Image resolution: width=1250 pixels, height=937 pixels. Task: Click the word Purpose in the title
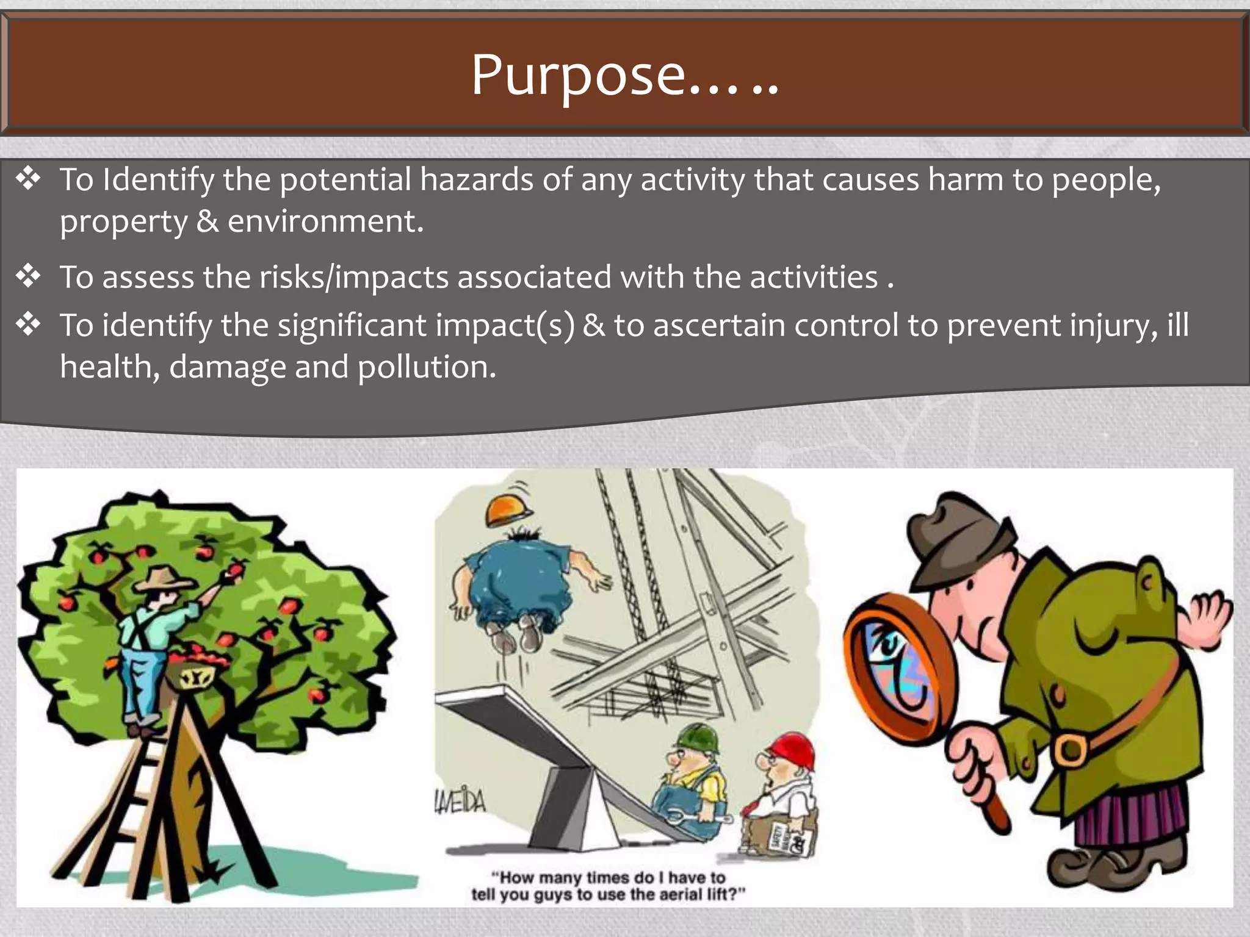point(579,76)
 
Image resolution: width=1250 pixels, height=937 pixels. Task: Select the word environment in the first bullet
point(325,221)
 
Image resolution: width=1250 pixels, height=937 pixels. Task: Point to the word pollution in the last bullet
point(427,367)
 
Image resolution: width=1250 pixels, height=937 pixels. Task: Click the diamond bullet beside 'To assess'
point(28,276)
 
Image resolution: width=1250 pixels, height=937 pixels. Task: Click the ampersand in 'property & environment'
point(208,221)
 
